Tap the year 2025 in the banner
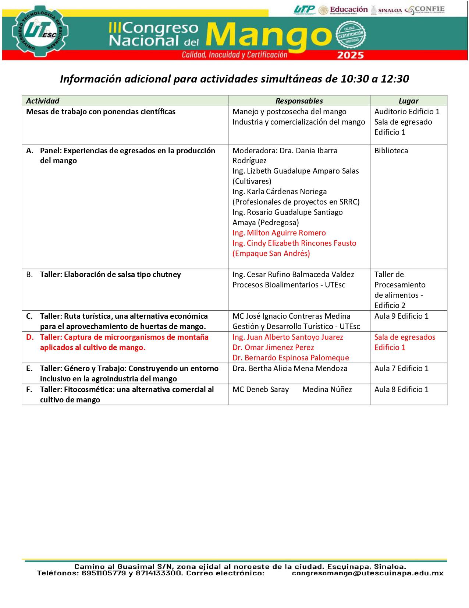click(351, 55)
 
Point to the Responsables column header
click(299, 101)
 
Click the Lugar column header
click(408, 101)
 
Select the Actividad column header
click(43, 101)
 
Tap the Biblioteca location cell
click(391, 151)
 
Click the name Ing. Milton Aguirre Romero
click(279, 233)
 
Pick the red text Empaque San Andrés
click(271, 254)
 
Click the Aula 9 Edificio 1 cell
click(401, 316)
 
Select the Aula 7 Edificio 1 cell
click(401, 368)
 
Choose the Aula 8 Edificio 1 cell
click(401, 389)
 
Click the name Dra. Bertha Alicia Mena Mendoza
click(290, 368)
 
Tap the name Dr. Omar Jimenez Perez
click(273, 347)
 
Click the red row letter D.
click(29, 337)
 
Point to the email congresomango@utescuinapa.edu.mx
click(367, 573)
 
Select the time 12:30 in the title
click(395, 79)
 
